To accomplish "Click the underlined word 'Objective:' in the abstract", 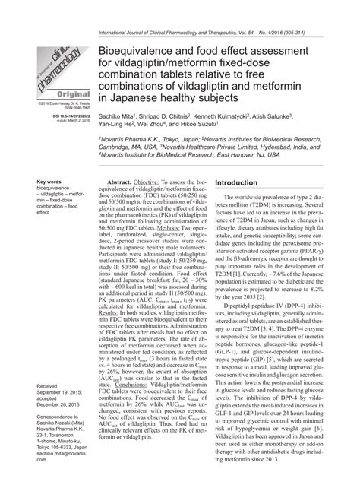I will click(150, 185).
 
